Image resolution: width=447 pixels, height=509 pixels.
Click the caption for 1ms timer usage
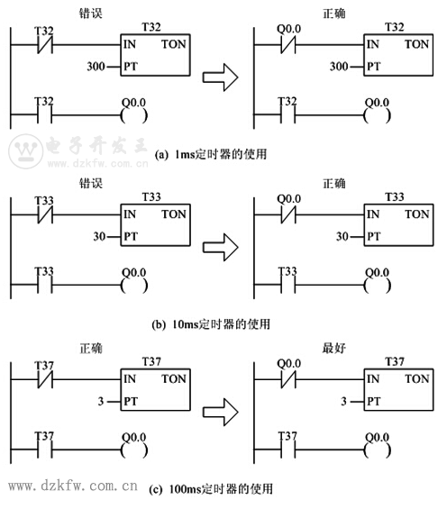[211, 154]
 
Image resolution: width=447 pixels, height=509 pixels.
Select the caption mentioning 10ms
[211, 324]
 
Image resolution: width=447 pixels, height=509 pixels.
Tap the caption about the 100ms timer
[211, 488]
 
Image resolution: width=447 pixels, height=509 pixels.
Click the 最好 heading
[334, 348]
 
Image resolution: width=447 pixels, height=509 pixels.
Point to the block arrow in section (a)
[221, 77]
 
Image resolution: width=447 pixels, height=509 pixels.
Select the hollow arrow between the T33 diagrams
[221, 248]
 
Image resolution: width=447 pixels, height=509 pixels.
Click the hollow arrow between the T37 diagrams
[221, 413]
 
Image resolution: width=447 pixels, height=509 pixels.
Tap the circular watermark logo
[25, 151]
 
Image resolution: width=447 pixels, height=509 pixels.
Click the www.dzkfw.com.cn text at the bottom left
[73, 486]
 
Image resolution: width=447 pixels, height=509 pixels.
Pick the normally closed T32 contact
[45, 45]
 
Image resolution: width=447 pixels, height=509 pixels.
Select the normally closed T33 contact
[45, 215]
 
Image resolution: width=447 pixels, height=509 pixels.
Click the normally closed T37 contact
[45, 379]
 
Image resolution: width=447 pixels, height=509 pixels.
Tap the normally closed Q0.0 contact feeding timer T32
[288, 45]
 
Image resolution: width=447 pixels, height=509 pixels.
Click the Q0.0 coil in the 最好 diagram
[377, 450]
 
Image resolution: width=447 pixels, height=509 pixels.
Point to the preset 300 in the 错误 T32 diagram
[96, 67]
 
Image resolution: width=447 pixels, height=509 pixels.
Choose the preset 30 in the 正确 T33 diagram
[342, 236]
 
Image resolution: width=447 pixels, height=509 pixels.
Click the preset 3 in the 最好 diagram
[343, 402]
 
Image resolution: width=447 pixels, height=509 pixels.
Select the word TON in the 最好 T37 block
[417, 379]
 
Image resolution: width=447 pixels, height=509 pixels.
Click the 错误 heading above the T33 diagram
[91, 184]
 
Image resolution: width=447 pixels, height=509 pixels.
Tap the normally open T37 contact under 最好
[288, 450]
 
